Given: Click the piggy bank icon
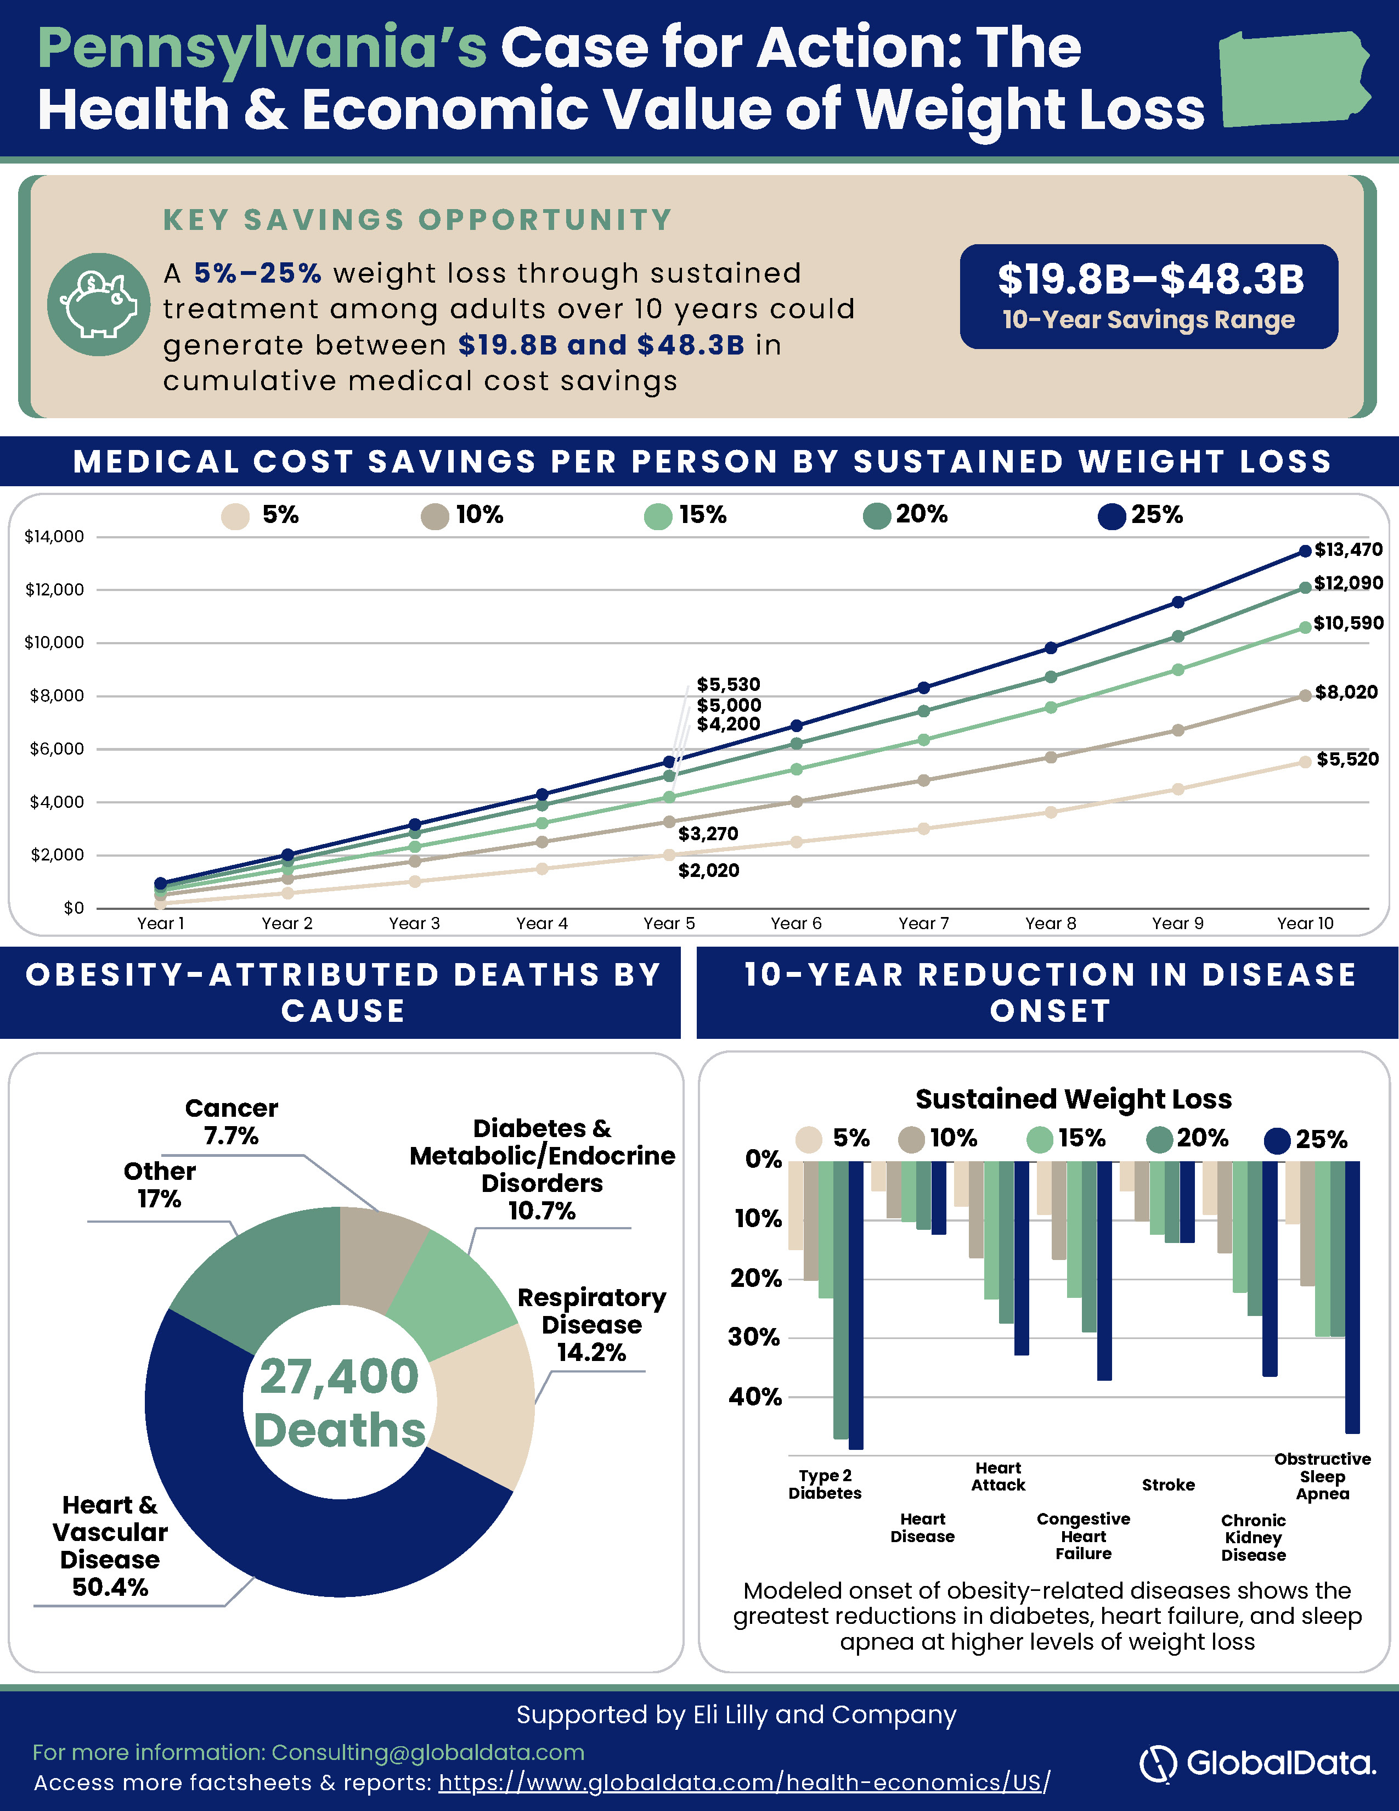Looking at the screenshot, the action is (x=99, y=305).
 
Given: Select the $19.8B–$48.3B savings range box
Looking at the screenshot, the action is (x=1149, y=296).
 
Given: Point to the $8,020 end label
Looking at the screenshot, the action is (x=1346, y=693).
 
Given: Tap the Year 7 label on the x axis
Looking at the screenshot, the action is (x=923, y=924).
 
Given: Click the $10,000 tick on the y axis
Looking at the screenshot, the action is (x=55, y=643).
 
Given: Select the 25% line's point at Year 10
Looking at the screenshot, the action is (x=1305, y=550).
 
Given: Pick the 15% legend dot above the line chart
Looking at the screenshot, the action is (x=658, y=516).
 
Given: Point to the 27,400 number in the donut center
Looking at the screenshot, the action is (x=340, y=1376).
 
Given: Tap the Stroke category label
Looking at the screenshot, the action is (x=1169, y=1485).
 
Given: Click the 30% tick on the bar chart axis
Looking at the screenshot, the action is (x=754, y=1337).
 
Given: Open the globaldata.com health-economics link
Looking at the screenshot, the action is (x=744, y=1783).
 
